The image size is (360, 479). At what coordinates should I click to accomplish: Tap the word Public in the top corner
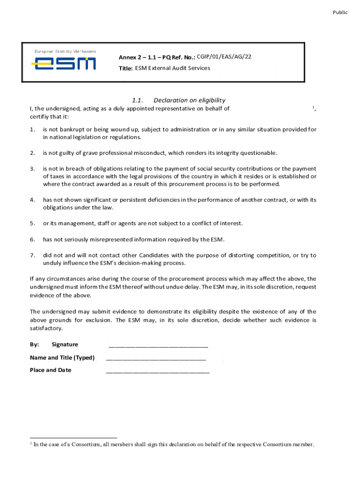tap(340, 13)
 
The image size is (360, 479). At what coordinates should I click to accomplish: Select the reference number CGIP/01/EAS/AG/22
tap(224, 57)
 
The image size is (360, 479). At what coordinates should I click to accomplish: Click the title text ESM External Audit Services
tap(173, 68)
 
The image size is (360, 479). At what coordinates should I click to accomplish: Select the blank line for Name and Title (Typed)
tap(156, 360)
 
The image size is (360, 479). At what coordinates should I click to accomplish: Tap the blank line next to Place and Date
tap(158, 372)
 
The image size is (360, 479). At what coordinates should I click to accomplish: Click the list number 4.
tap(32, 200)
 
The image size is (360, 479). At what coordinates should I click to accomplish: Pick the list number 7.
tap(32, 255)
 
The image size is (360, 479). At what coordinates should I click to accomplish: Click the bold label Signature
tap(65, 345)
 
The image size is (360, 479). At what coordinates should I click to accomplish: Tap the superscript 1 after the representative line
tap(313, 108)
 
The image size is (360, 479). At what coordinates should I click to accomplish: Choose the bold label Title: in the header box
tap(126, 69)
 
